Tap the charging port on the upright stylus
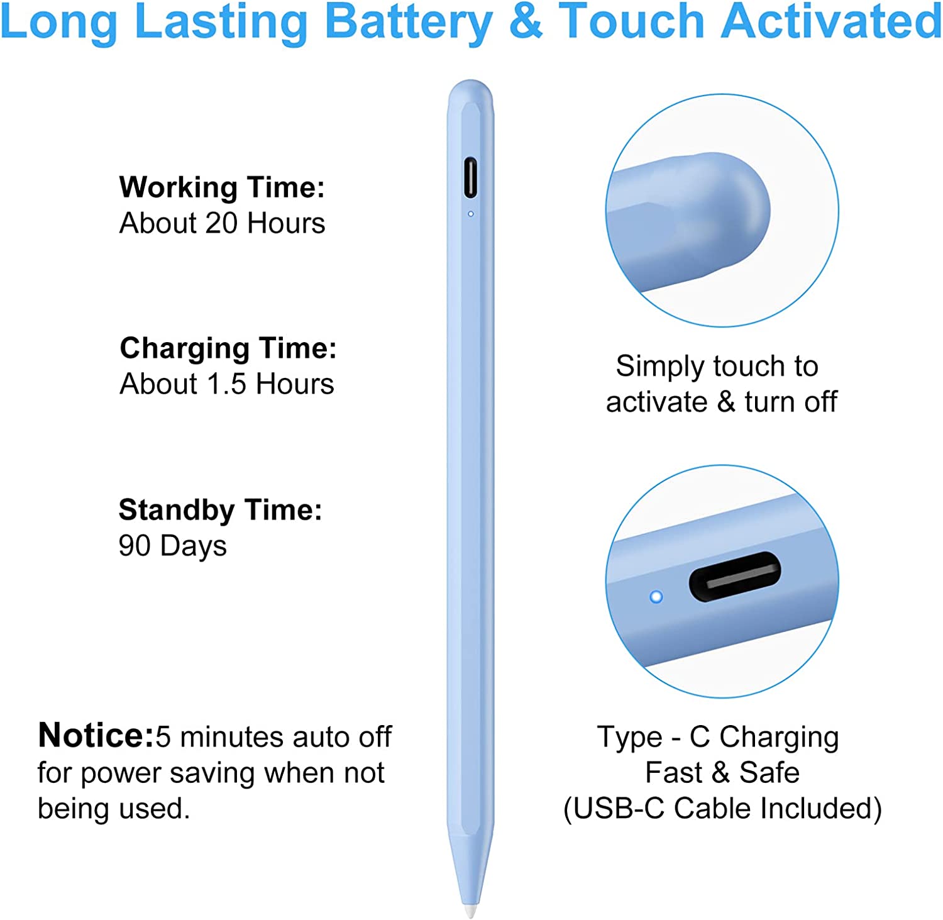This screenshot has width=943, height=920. point(470,177)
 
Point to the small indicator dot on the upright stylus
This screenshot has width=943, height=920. point(471,214)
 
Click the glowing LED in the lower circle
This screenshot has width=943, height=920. point(656,596)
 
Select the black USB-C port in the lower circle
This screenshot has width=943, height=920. point(735,577)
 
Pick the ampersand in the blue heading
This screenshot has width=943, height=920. point(526,21)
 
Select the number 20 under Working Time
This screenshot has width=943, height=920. point(222,223)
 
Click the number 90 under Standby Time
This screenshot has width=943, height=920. point(135,546)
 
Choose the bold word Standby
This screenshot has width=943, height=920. point(177,511)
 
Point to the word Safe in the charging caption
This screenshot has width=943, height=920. point(769,772)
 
